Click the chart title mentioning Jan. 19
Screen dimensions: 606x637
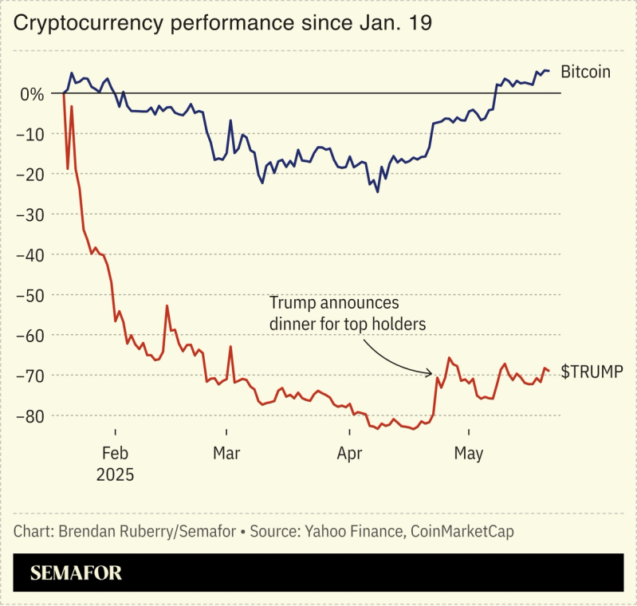(223, 23)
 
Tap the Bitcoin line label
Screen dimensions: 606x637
(585, 72)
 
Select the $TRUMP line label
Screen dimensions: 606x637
(592, 371)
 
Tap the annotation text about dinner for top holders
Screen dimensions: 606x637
(348, 313)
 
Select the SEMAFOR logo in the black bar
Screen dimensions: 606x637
(77, 573)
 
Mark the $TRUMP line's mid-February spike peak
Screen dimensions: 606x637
(167, 306)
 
